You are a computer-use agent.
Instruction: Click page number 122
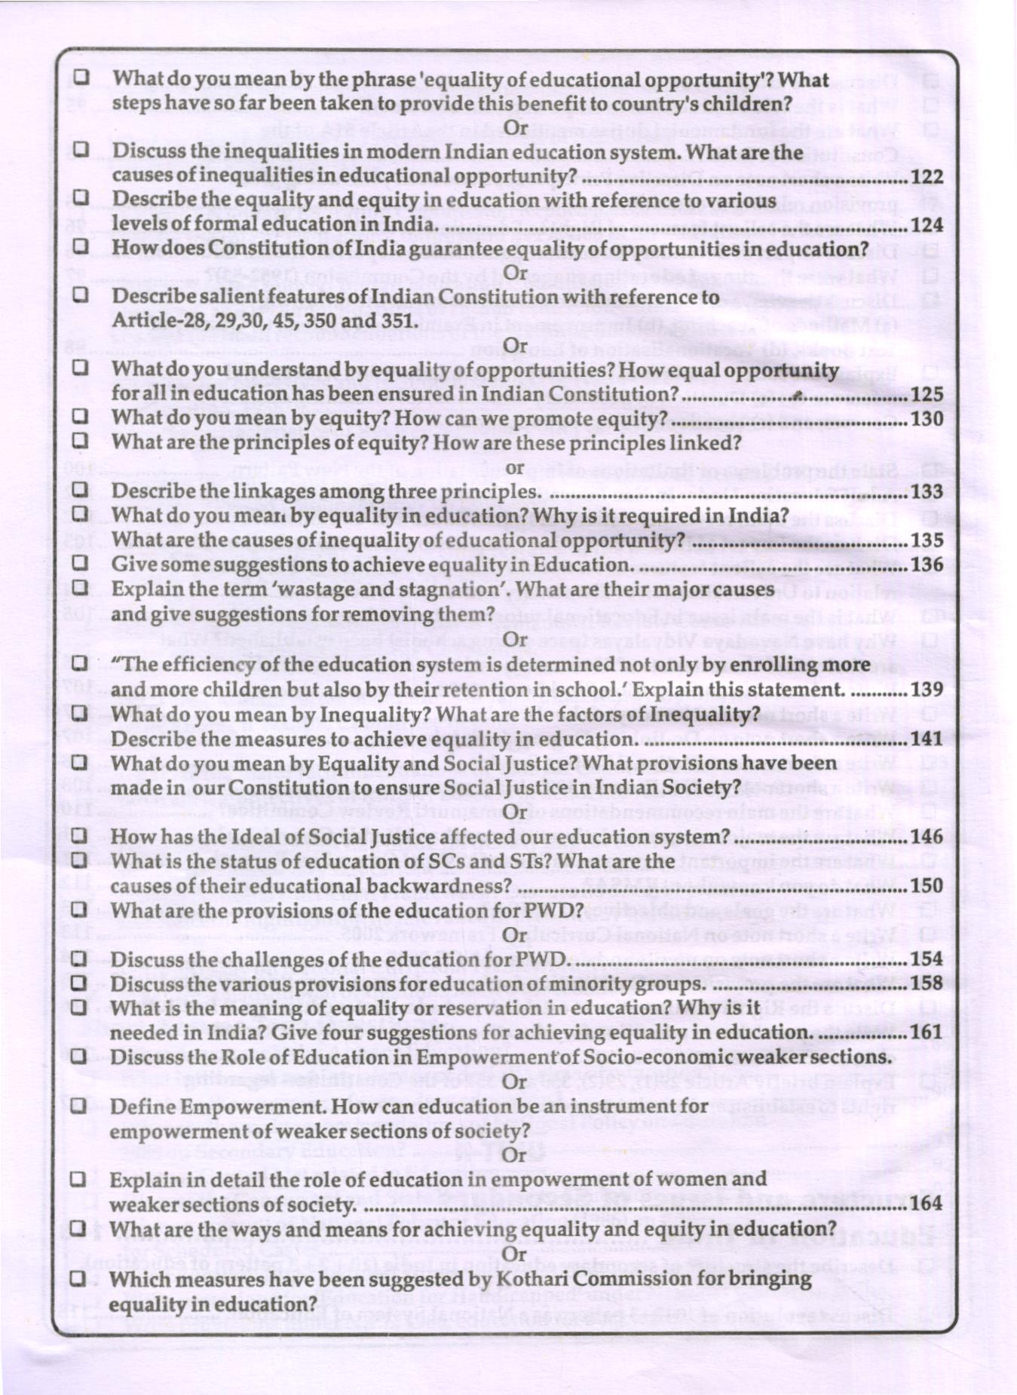pos(927,176)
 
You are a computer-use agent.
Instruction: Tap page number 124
pos(927,225)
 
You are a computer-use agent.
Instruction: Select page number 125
pos(927,393)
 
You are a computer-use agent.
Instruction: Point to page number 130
pos(927,418)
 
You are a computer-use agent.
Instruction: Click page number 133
pos(927,491)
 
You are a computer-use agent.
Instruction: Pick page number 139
pos(927,689)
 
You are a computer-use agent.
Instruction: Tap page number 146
pos(927,837)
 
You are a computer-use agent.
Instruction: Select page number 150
pos(927,886)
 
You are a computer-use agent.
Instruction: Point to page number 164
pos(927,1203)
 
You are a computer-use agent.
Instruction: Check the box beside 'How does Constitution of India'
pos(81,247)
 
